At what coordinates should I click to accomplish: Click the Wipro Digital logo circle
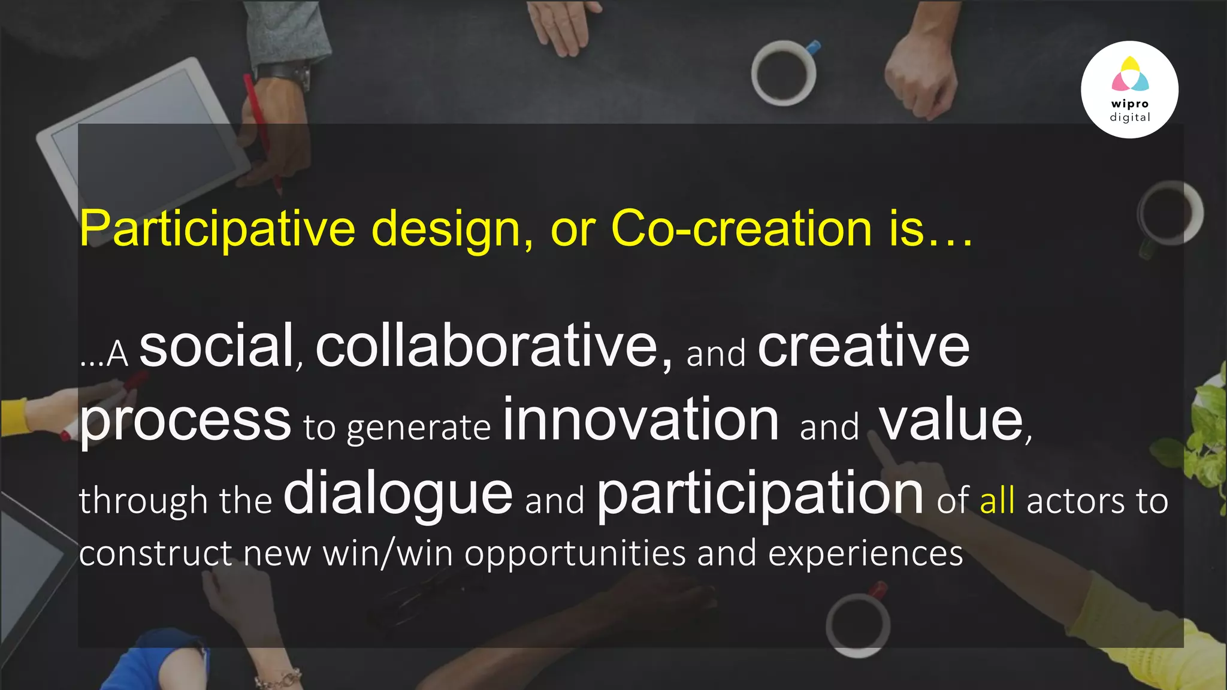1129,90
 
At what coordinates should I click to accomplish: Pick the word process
185,421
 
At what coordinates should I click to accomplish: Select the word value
952,420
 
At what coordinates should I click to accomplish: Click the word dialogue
398,494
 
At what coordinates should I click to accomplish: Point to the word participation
760,495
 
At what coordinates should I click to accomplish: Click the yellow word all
997,501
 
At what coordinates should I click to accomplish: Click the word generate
419,428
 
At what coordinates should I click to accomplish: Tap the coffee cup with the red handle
858,624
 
